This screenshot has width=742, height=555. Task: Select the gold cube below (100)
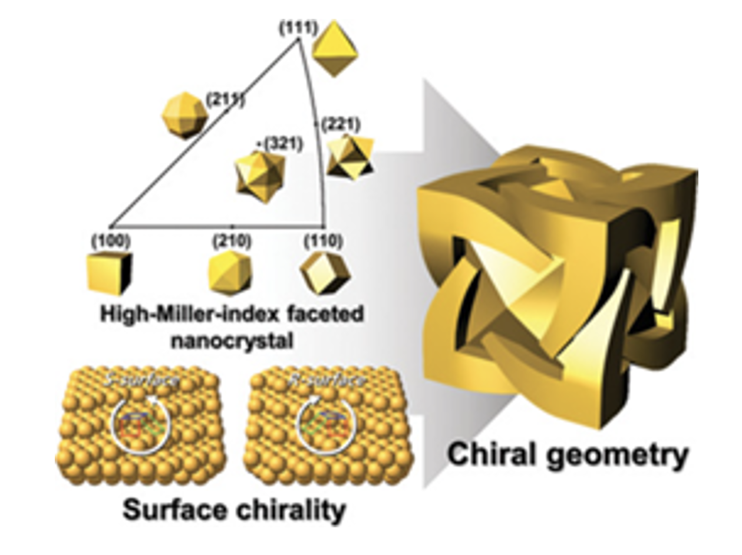(110, 273)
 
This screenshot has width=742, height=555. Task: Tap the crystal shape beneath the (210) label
(230, 273)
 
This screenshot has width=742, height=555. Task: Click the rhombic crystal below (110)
(325, 273)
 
